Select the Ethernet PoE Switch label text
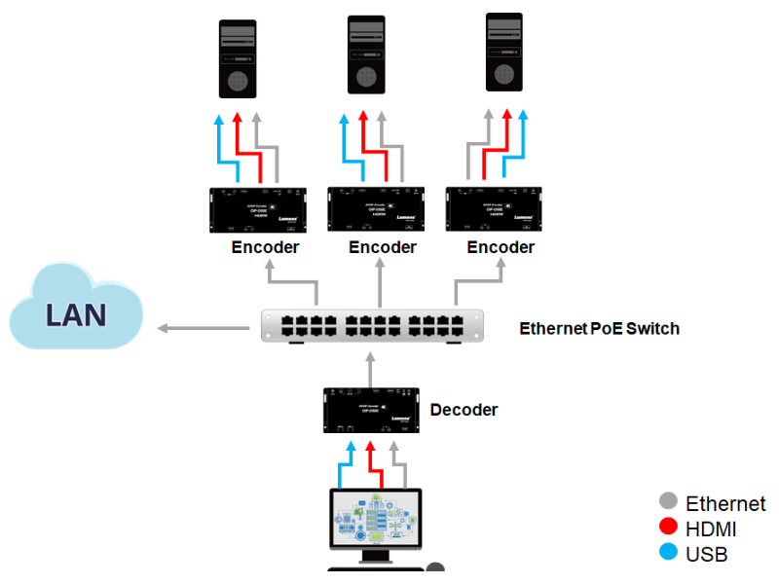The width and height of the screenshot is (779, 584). point(599,328)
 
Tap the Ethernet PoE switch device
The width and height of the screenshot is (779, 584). point(372,325)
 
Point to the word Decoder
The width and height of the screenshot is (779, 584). point(464,410)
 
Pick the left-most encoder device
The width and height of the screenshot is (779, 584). point(258,209)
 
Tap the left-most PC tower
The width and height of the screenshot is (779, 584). point(238,58)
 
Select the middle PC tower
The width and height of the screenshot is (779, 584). point(367,55)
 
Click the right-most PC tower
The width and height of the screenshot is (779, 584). point(504,52)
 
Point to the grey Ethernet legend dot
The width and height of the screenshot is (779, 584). point(668,502)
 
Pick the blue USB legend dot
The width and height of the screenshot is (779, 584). point(668,554)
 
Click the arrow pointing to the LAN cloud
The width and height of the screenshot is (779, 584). point(204,328)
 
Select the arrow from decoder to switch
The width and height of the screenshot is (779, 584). point(371,368)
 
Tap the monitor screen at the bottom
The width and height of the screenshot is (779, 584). point(375,520)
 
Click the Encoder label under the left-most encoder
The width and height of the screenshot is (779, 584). point(265,247)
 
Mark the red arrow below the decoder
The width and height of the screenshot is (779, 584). point(371,462)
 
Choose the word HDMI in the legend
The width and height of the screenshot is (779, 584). point(711,529)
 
